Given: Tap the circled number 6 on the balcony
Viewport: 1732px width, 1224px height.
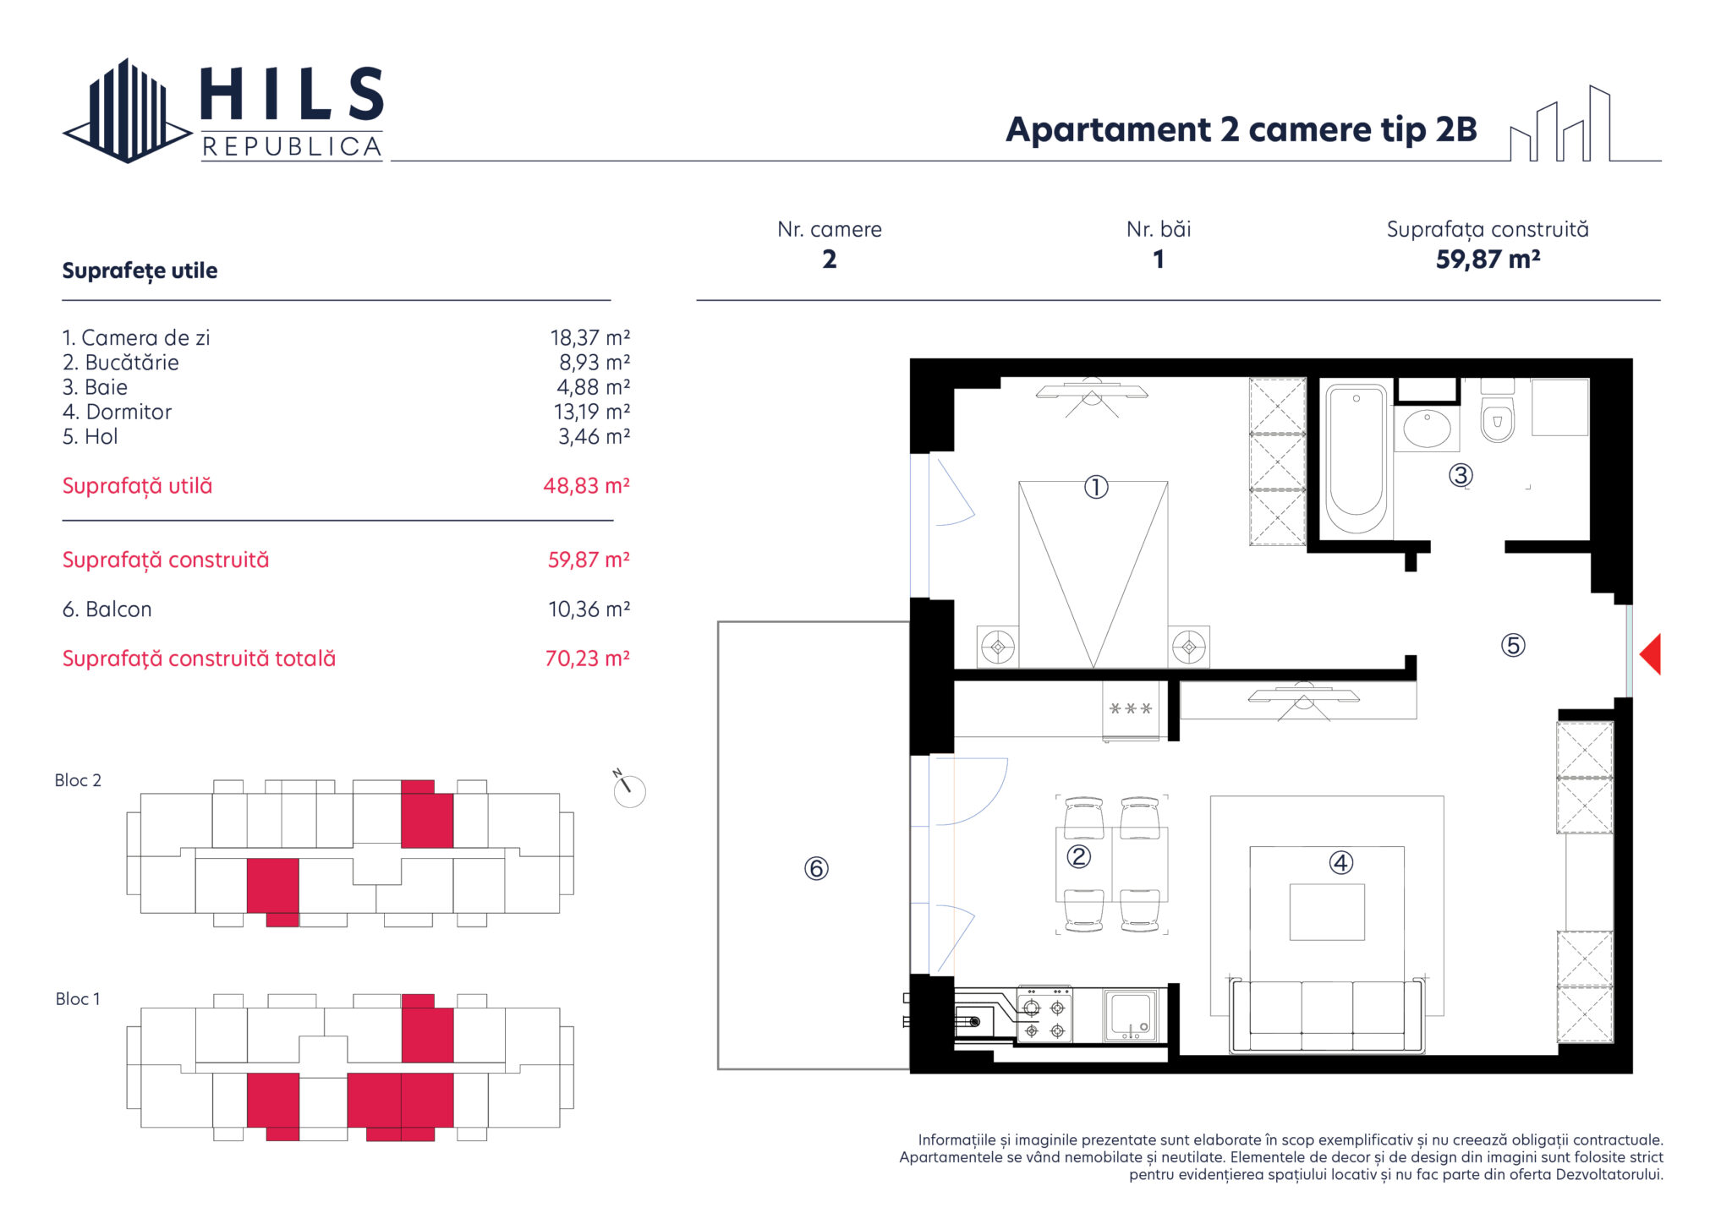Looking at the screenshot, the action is click(816, 868).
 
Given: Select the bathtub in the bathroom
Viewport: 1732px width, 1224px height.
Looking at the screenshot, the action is click(1356, 459).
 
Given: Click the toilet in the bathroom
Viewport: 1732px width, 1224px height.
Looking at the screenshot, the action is click(1498, 412).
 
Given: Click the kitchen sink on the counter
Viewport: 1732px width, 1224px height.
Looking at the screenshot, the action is click(1131, 1015).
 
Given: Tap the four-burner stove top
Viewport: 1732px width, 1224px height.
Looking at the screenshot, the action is click(1044, 1015).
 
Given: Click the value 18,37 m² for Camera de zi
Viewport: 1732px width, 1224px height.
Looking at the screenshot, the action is click(590, 338).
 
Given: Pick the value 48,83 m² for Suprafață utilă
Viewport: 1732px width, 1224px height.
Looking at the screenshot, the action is click(586, 486).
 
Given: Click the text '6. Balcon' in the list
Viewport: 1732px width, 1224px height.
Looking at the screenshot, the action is click(107, 609).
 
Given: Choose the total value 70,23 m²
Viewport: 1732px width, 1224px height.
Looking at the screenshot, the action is click(588, 658).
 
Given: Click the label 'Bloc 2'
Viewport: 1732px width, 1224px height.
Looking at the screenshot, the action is click(78, 780).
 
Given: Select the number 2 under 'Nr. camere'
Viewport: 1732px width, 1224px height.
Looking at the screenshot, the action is click(830, 260).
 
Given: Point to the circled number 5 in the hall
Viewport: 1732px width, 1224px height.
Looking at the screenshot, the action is click(1513, 646).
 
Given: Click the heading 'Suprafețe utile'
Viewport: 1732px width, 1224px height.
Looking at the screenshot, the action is click(140, 270).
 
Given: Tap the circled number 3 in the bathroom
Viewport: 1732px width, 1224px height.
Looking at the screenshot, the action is click(1461, 475).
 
